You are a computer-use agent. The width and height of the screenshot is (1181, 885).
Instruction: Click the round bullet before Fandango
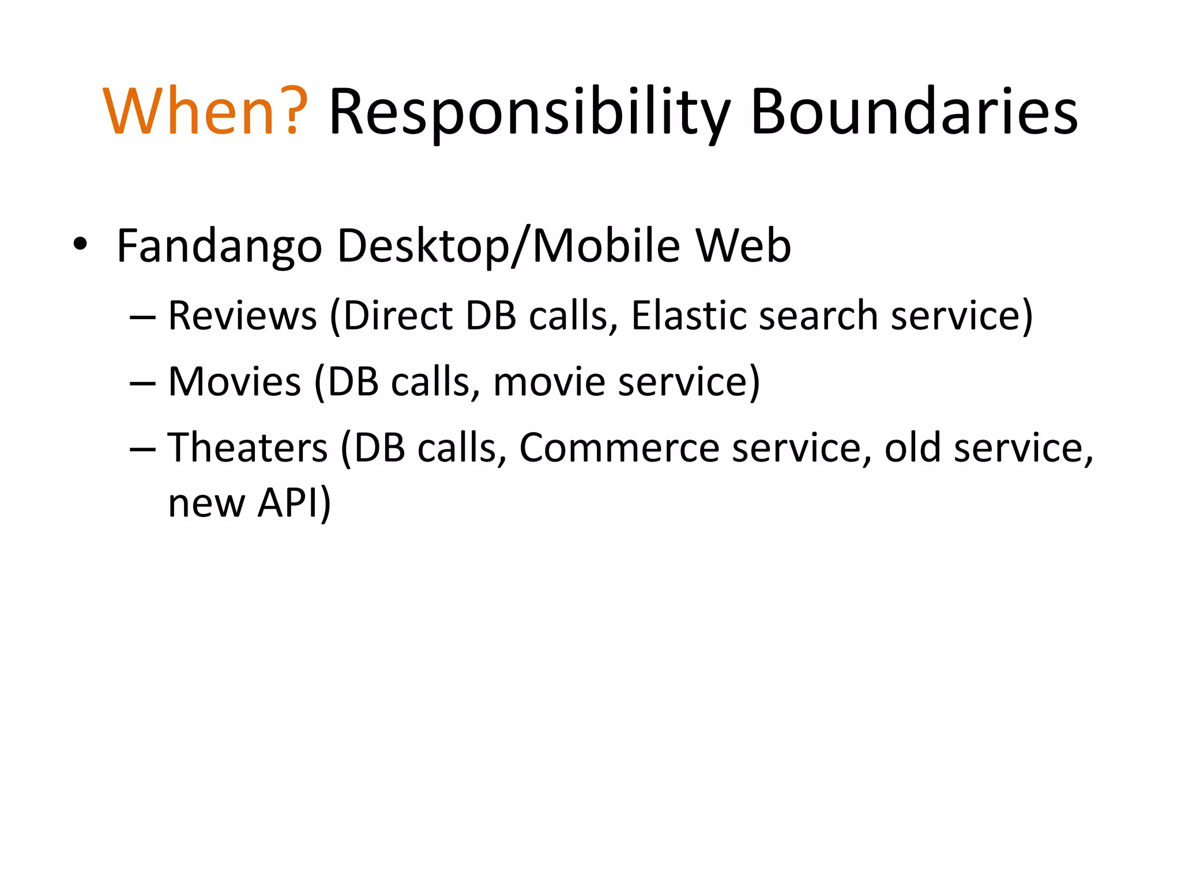pyautogui.click(x=80, y=244)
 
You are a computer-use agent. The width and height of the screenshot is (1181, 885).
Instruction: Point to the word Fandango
pyautogui.click(x=219, y=247)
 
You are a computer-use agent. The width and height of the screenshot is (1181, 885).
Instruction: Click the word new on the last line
pyautogui.click(x=206, y=504)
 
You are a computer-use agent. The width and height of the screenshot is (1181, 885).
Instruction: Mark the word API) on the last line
pyautogui.click(x=294, y=502)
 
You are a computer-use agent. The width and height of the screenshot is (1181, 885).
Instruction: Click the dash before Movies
pyautogui.click(x=142, y=384)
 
